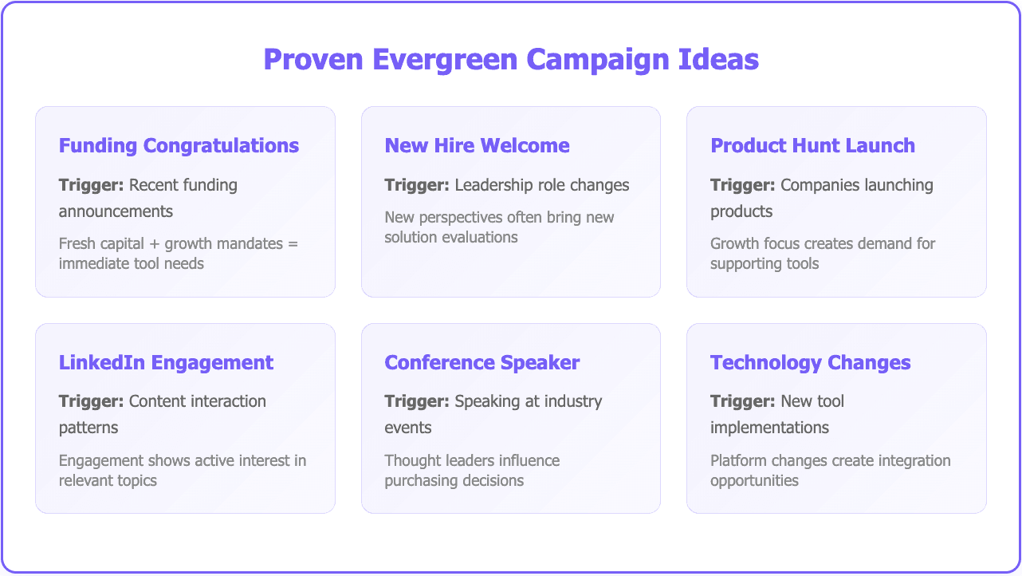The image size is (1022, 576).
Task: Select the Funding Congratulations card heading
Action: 179,146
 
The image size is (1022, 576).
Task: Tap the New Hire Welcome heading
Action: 477,146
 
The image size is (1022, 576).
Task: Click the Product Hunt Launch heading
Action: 812,146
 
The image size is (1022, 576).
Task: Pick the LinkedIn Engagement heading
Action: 166,363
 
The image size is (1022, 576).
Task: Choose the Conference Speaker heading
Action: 482,363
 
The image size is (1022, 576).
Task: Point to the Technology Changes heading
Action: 810,363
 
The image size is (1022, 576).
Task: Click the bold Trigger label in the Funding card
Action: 91,185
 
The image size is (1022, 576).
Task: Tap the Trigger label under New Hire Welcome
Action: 417,185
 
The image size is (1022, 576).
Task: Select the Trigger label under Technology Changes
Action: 742,401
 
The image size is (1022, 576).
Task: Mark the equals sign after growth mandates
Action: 293,243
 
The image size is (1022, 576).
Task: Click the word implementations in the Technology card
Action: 769,428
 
